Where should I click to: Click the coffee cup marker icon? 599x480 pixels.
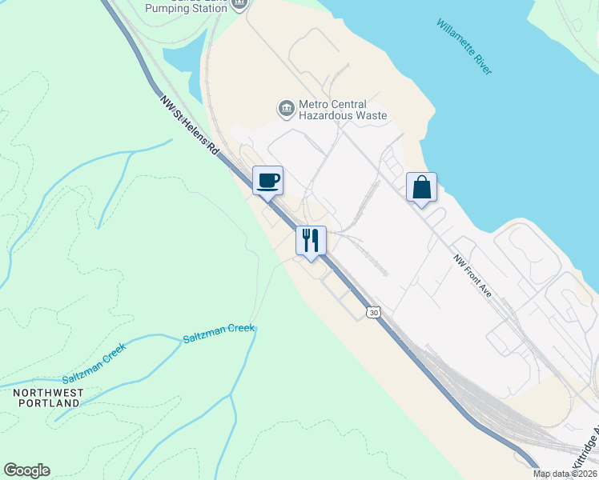click(267, 180)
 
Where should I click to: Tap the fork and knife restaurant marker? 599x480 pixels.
click(311, 239)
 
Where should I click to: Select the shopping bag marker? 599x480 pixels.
click(421, 188)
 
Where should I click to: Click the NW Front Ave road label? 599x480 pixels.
click(472, 276)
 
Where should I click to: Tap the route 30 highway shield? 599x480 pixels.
click(374, 311)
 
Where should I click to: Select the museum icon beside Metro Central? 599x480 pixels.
click(286, 108)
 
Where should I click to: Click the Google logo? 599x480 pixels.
click(26, 470)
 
